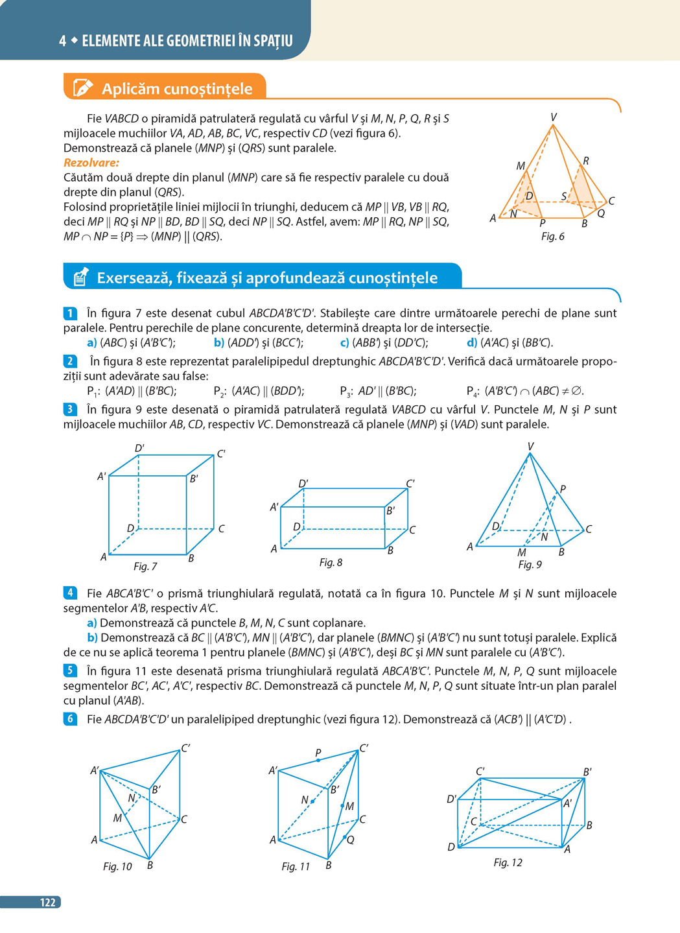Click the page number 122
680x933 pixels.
point(47,903)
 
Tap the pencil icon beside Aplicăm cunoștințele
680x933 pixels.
point(83,88)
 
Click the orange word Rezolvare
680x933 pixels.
point(91,163)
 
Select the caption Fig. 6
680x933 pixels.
point(552,237)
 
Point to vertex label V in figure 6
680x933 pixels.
point(553,117)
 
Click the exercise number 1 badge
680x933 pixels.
point(70,314)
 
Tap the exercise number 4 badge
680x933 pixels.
point(70,593)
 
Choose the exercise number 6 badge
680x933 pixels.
point(70,719)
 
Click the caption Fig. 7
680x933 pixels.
point(145,567)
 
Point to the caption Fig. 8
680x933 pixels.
point(331,563)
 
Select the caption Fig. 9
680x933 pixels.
point(530,565)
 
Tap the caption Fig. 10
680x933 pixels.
point(117,867)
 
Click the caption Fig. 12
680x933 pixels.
point(508,862)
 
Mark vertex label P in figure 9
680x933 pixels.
point(563,489)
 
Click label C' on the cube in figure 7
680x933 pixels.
point(221,454)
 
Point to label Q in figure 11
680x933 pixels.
point(350,840)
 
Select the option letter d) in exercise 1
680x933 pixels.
point(472,343)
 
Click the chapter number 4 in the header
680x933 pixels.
point(62,41)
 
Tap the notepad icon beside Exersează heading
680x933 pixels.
point(80,278)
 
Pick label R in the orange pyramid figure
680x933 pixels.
point(586,161)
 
